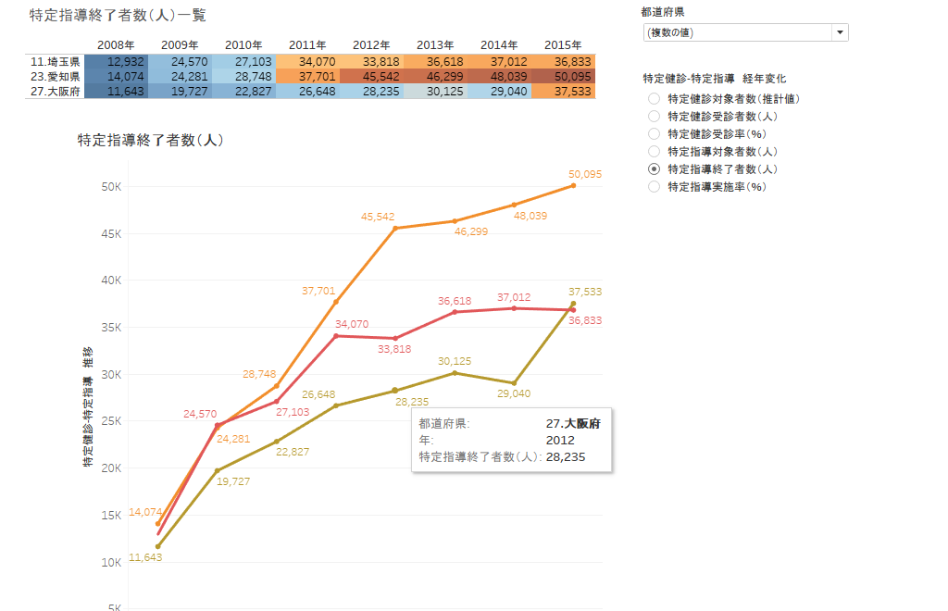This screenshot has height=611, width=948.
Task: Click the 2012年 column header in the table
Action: (371, 44)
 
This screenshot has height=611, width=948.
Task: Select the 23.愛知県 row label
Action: (55, 76)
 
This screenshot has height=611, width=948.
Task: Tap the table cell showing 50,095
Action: (563, 76)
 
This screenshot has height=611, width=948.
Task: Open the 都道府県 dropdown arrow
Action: (840, 32)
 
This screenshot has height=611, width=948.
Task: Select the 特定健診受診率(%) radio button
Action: (654, 133)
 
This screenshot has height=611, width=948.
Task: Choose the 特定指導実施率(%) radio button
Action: (654, 186)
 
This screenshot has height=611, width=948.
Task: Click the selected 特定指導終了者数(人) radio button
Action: (654, 168)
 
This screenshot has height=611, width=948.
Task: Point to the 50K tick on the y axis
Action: (110, 186)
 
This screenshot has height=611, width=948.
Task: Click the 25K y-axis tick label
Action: (110, 421)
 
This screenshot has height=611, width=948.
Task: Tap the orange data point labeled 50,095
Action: (573, 185)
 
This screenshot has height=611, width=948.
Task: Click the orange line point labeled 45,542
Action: (395, 228)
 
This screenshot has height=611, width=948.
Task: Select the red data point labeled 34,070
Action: (336, 335)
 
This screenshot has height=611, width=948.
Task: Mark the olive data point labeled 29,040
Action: (514, 383)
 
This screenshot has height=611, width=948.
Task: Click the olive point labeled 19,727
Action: (218, 470)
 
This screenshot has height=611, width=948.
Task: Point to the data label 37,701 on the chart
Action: (318, 291)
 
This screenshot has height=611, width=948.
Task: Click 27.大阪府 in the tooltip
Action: (573, 423)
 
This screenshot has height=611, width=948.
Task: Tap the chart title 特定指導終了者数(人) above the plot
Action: (150, 141)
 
